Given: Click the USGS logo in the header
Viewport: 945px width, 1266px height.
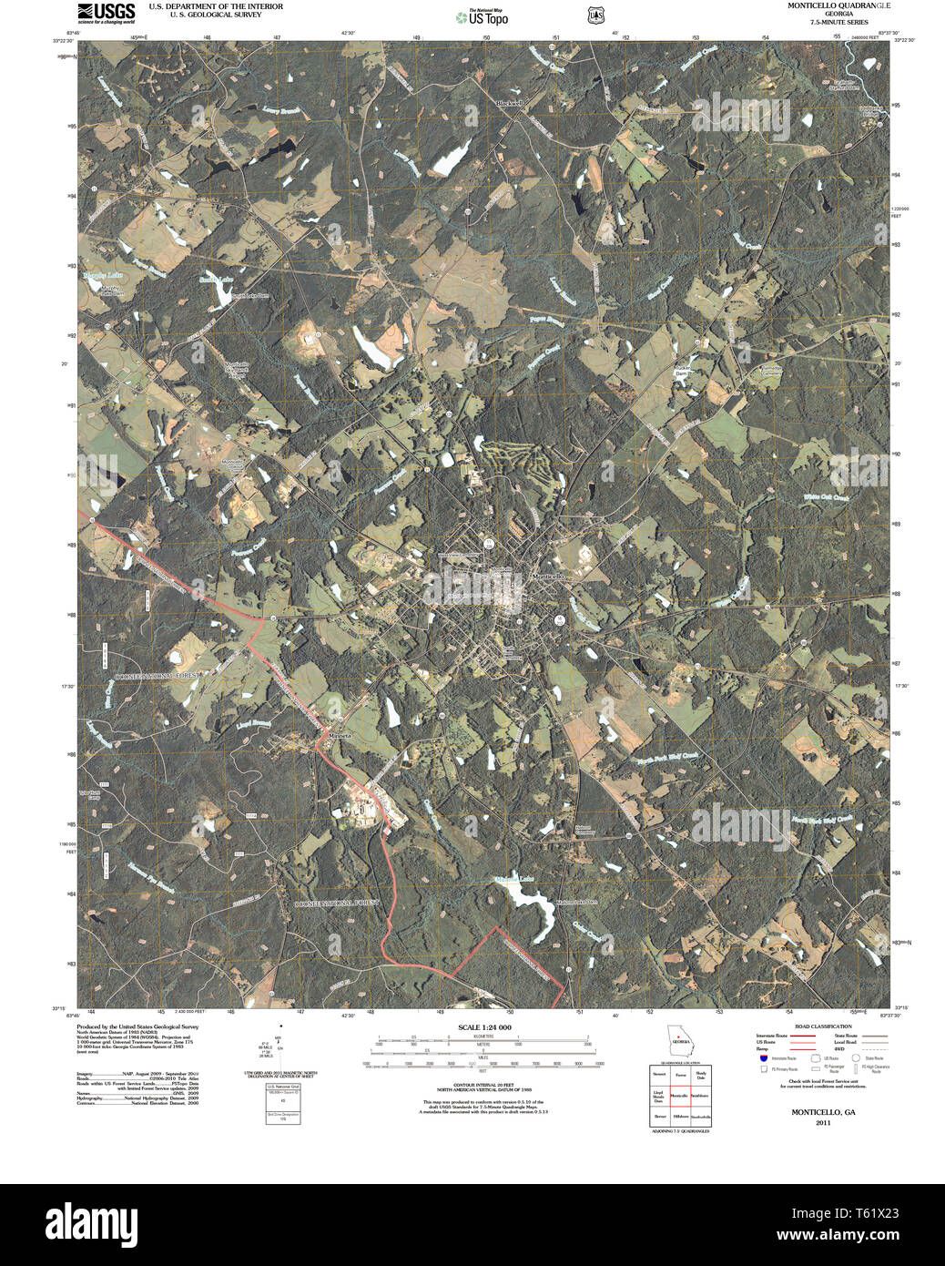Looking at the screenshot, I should click(107, 12).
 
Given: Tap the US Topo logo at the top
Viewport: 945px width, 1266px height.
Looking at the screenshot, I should click(483, 16).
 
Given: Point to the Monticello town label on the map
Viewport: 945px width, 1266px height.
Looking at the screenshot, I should click(549, 577).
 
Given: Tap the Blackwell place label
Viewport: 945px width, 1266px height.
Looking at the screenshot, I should click(510, 104).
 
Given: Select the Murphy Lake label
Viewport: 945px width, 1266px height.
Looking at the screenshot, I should click(102, 275).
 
